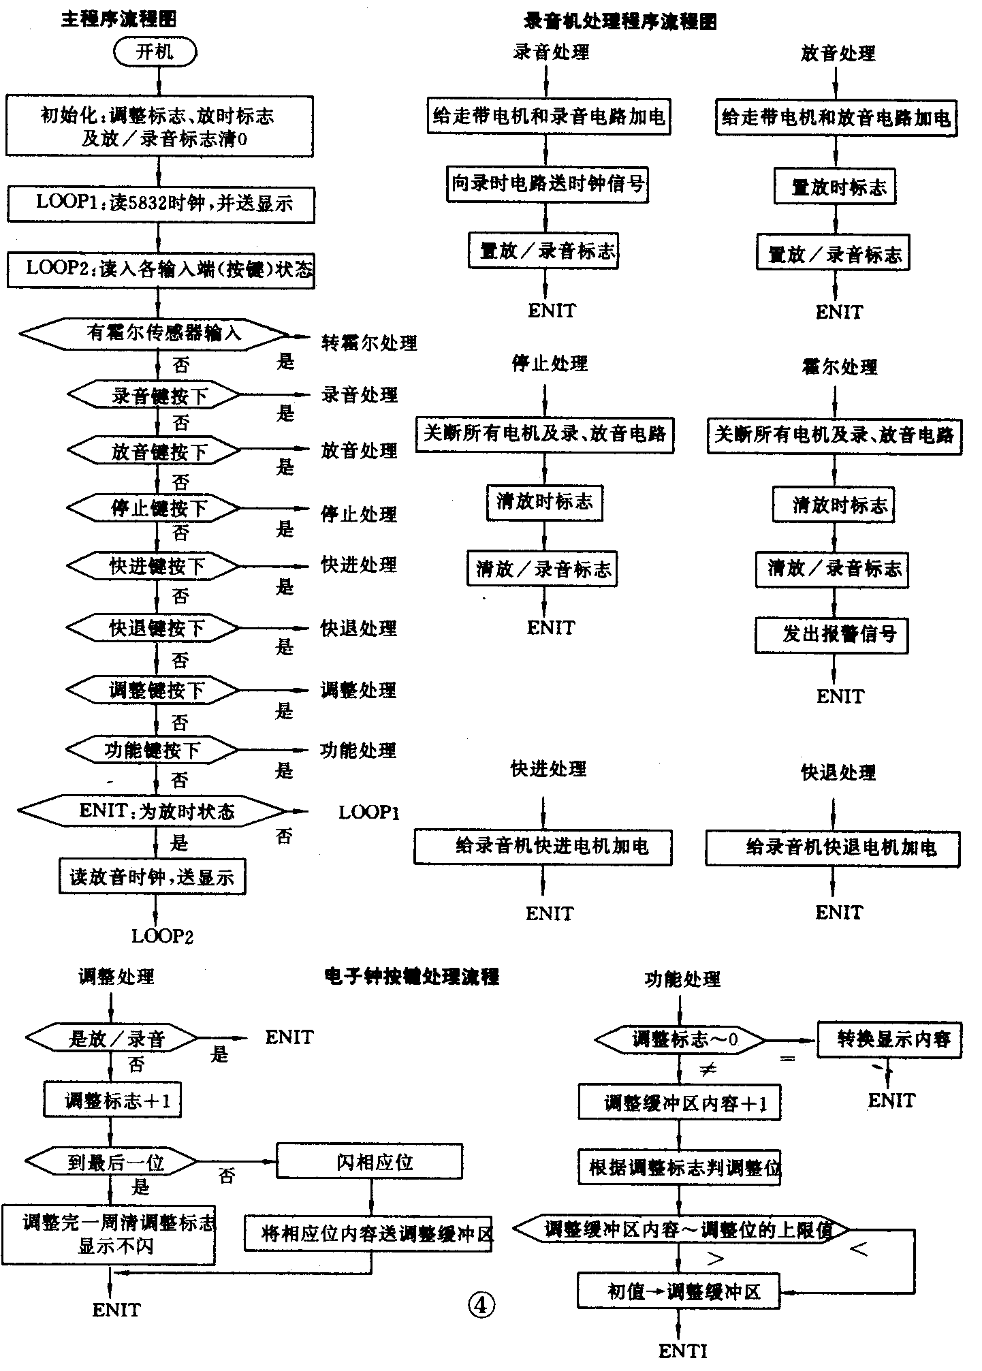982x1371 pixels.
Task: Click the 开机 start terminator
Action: click(155, 52)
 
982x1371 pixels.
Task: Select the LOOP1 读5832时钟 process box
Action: click(160, 204)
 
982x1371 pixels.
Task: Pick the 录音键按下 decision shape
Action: click(155, 395)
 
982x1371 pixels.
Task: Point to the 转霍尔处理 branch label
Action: click(369, 342)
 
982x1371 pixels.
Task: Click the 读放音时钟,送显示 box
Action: click(152, 877)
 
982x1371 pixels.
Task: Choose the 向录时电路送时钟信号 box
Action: click(548, 183)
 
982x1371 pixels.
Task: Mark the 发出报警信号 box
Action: click(831, 635)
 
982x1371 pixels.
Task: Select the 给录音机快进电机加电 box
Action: click(543, 847)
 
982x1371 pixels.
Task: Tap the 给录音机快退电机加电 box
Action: click(832, 848)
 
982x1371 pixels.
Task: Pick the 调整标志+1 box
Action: click(112, 1101)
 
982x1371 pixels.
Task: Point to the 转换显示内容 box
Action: click(889, 1039)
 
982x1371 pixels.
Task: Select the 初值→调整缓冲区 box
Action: click(678, 1291)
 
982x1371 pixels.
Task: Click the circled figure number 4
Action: click(481, 1305)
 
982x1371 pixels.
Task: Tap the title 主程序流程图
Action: click(119, 20)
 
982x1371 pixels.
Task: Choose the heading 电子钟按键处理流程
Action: click(412, 977)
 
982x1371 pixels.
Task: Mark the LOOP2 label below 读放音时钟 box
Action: click(162, 936)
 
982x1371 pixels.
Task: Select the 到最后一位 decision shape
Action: click(112, 1163)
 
